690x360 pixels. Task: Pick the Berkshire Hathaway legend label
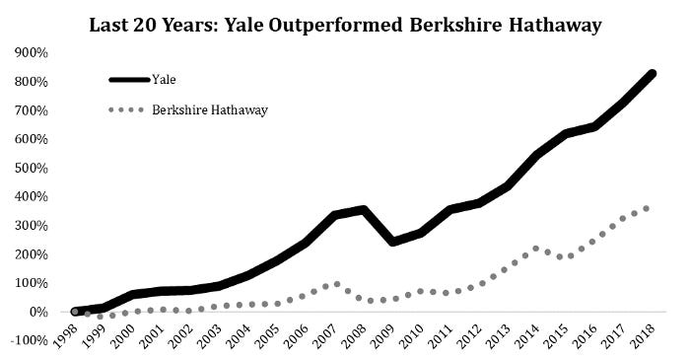point(210,109)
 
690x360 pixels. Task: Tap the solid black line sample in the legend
point(129,78)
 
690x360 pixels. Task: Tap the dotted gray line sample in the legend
point(129,109)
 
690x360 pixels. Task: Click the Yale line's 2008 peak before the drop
point(364,209)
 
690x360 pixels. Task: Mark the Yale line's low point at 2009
point(393,242)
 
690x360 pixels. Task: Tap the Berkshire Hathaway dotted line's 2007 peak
point(337,284)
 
